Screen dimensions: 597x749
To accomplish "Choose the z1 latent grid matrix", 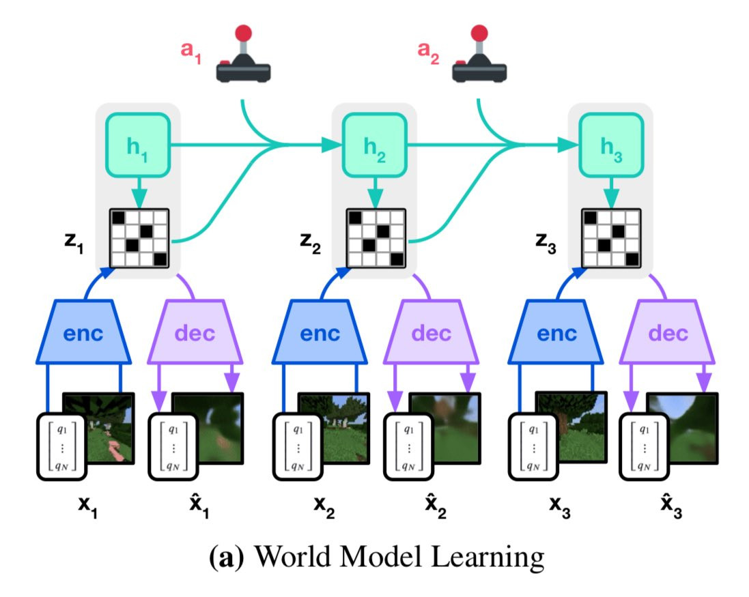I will tap(139, 238).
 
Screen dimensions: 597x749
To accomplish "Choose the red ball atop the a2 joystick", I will tap(480, 32).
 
